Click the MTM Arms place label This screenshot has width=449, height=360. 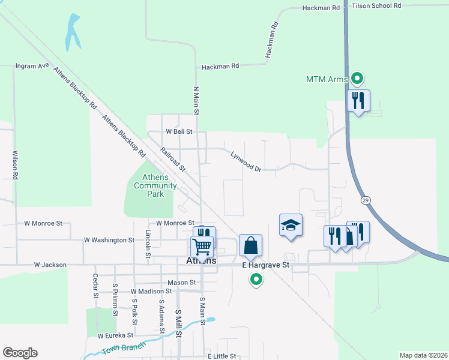point(327,79)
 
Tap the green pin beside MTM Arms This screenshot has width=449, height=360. point(358,78)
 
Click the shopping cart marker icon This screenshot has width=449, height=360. point(202,245)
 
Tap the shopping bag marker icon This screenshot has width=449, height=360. point(250,245)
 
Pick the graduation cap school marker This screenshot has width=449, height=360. point(291,225)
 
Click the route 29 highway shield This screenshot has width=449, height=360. point(365,199)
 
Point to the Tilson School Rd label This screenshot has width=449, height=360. point(376,5)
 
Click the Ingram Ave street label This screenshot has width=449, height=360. point(32,65)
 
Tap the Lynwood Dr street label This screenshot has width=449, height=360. point(246,161)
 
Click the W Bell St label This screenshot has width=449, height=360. point(179,131)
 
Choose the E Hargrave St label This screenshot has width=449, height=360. point(266,265)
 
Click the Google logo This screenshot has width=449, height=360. point(20,353)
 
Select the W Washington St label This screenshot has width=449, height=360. point(109,240)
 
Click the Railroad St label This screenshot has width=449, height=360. point(173,160)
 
